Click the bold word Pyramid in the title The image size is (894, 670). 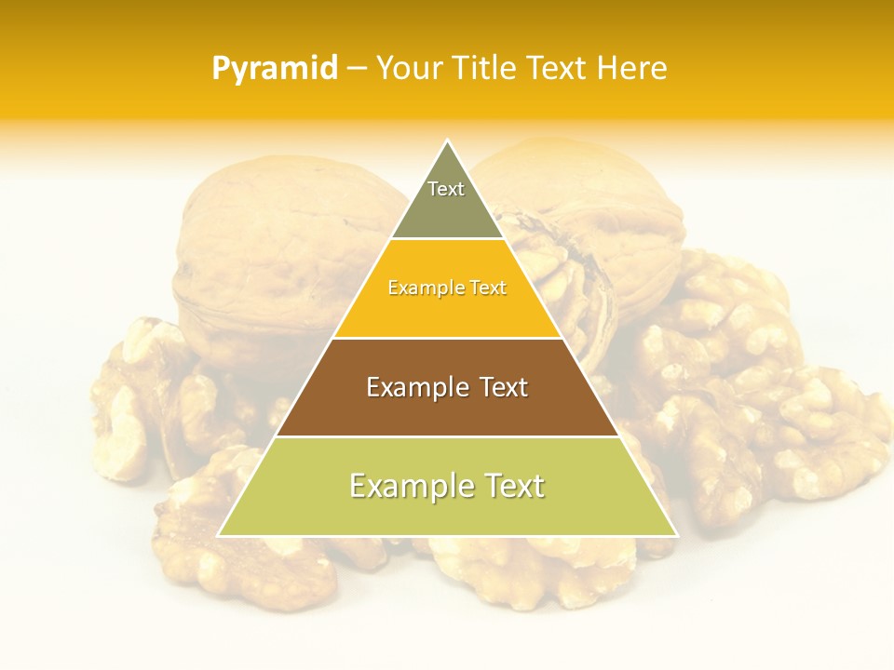275,69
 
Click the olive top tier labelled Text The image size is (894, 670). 446,200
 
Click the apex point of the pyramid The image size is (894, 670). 447,141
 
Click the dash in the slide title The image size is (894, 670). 357,69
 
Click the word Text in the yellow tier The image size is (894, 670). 485,288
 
